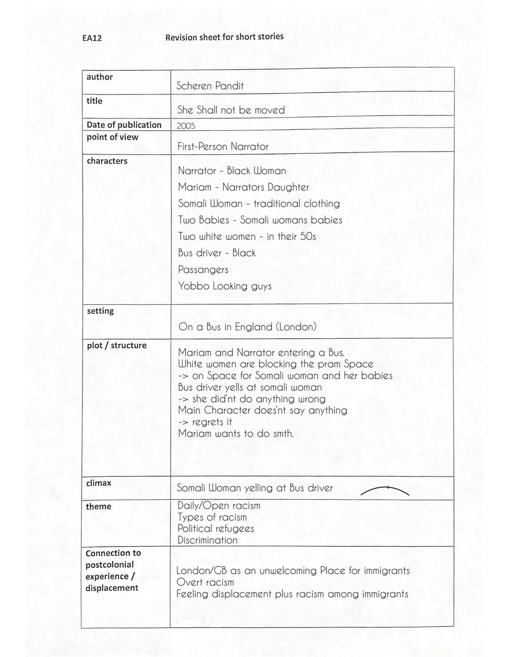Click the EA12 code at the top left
click(92, 38)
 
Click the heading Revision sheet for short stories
click(224, 37)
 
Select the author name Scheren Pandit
click(210, 86)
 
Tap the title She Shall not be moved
click(231, 110)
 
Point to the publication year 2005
click(186, 126)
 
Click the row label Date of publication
click(124, 125)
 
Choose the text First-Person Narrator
click(223, 147)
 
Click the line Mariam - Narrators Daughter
click(243, 187)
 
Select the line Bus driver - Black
click(216, 253)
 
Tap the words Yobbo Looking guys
click(224, 286)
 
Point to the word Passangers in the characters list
click(203, 270)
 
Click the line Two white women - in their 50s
click(246, 237)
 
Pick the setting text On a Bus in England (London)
click(247, 327)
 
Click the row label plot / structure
click(117, 345)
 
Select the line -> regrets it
click(205, 422)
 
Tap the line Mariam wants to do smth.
click(236, 434)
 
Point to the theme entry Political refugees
click(215, 529)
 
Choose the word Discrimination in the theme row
click(207, 540)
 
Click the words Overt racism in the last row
click(205, 582)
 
